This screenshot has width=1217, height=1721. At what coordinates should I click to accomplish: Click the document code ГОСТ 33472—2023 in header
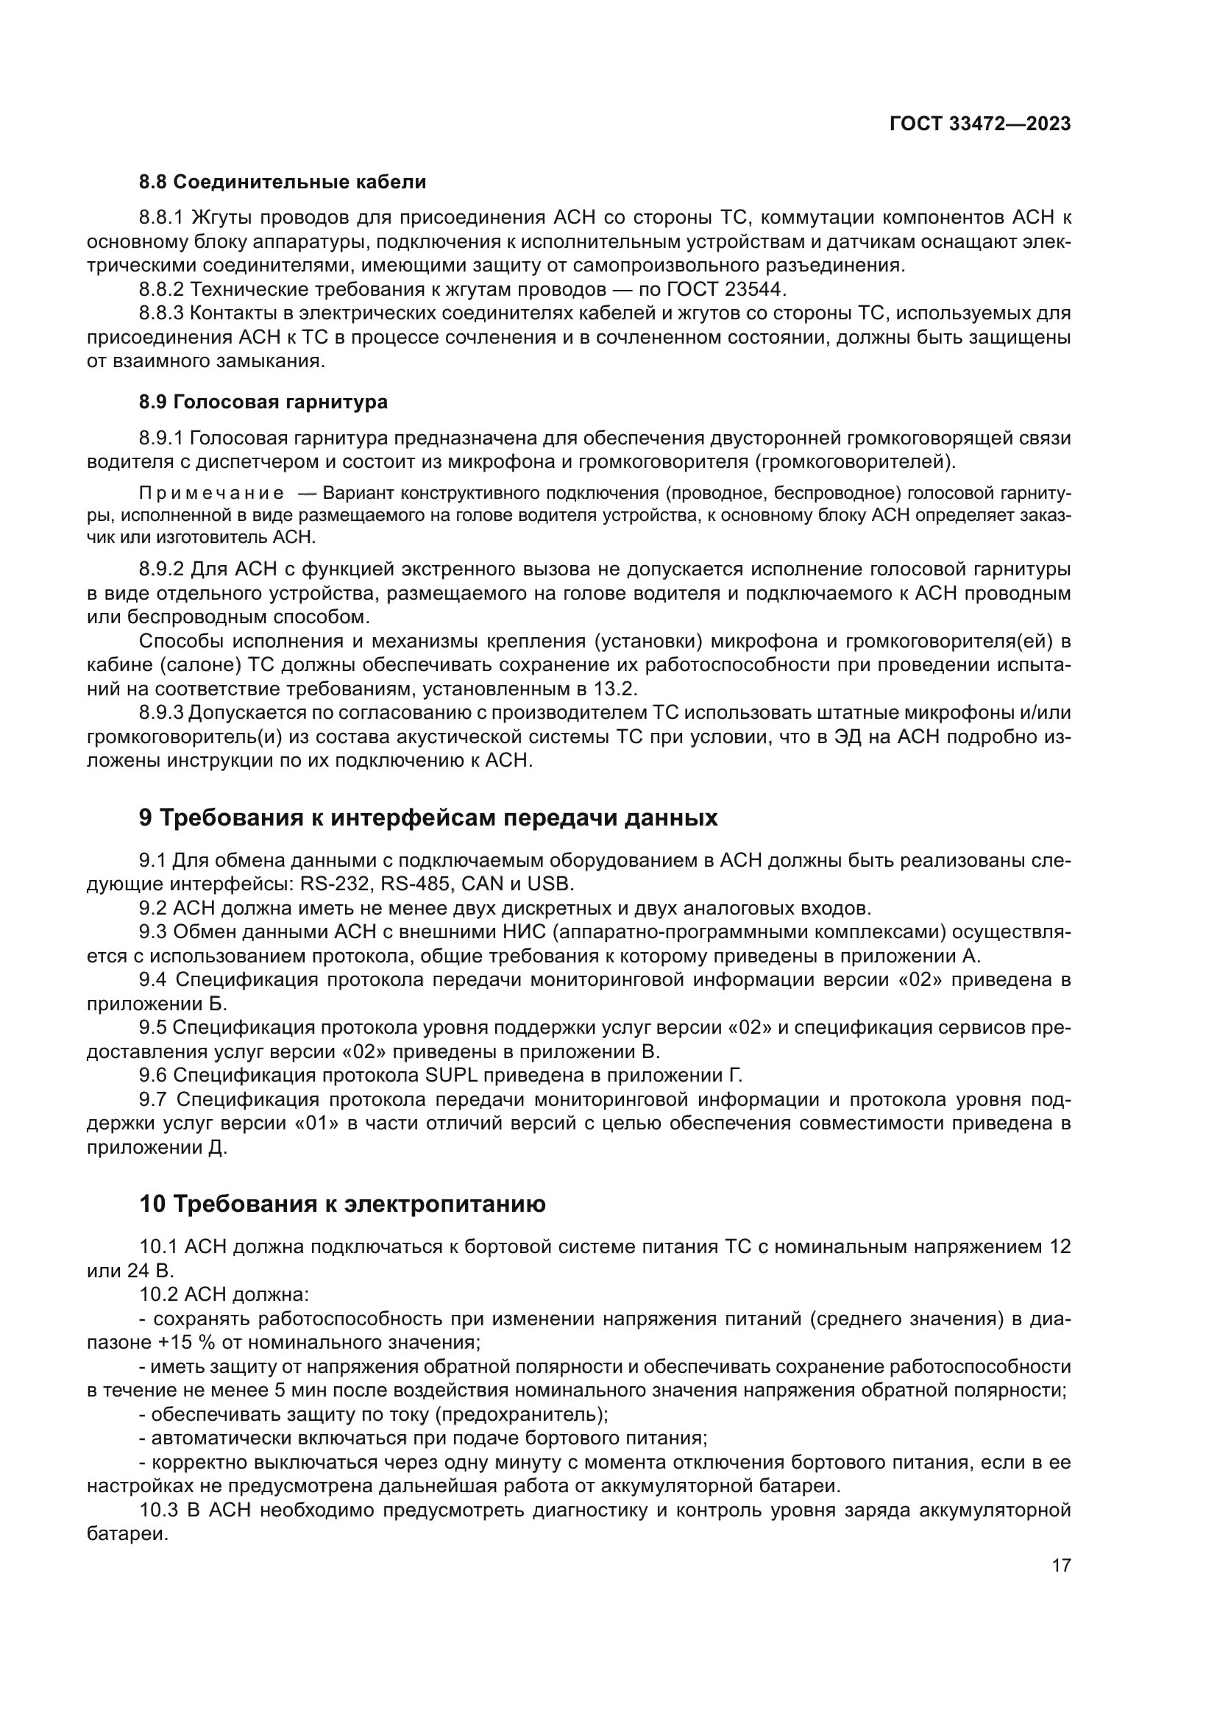[979, 124]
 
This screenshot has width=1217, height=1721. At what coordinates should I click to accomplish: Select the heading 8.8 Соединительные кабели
[283, 182]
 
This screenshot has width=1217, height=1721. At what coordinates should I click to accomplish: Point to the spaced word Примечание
[212, 493]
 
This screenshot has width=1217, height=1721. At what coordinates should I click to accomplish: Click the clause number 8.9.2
[161, 569]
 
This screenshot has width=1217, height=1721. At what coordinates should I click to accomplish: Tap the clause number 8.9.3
[161, 713]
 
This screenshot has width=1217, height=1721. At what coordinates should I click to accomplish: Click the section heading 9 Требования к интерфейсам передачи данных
[428, 817]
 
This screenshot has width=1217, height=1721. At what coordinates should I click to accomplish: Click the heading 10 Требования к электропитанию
[342, 1204]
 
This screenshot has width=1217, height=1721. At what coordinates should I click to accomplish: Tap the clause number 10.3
[159, 1511]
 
